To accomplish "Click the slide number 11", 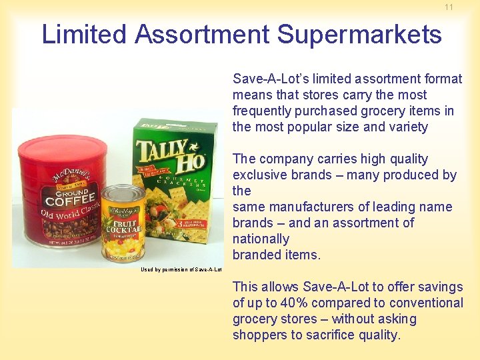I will click(449, 7).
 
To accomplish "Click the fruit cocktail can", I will click(123, 223).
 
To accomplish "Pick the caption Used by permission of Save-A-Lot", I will click(181, 270).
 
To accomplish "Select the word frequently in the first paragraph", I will click(262, 111).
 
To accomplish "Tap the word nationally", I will click(261, 239).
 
